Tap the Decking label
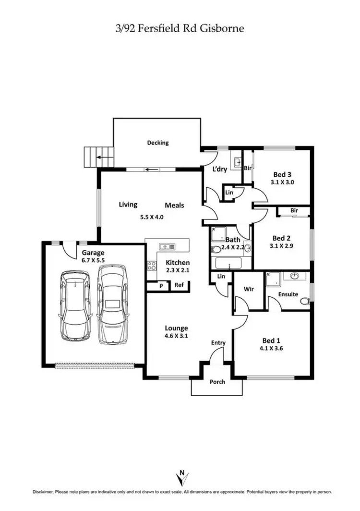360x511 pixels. pyautogui.click(x=158, y=143)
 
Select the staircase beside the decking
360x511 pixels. pyautogui.click(x=91, y=157)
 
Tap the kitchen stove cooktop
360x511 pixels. pyautogui.click(x=152, y=265)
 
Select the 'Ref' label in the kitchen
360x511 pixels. pyautogui.click(x=179, y=285)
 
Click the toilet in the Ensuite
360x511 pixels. pyautogui.click(x=303, y=301)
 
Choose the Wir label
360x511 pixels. pyautogui.click(x=249, y=289)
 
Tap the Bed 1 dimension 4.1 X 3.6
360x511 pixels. pyautogui.click(x=273, y=349)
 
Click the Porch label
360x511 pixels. pyautogui.click(x=217, y=382)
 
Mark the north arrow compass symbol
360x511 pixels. pyautogui.click(x=181, y=477)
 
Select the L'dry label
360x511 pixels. pyautogui.click(x=219, y=169)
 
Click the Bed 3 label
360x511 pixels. pyautogui.click(x=282, y=174)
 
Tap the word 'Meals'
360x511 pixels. pyautogui.click(x=174, y=205)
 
